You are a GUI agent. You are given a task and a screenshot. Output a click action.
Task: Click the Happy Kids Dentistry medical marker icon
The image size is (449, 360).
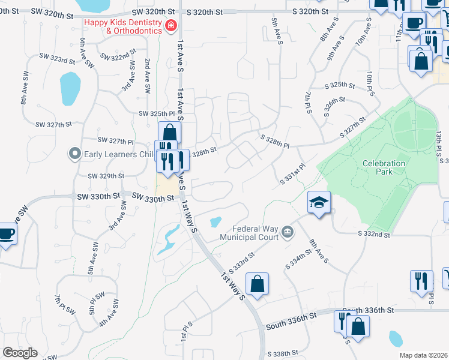[x=171, y=25]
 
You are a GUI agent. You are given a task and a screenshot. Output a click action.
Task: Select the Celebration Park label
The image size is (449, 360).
[x=384, y=167]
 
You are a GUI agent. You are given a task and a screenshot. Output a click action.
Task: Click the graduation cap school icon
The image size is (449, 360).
[x=319, y=202]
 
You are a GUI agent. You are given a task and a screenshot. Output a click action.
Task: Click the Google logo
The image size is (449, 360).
[x=20, y=353]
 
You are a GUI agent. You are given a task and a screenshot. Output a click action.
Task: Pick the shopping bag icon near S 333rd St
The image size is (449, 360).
[x=257, y=285]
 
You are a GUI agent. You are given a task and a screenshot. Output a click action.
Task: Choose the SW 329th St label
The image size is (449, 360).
[x=106, y=176]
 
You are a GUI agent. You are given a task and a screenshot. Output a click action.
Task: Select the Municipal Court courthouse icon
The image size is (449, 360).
[x=288, y=232]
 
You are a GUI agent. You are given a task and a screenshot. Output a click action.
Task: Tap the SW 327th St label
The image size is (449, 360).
[x=53, y=124]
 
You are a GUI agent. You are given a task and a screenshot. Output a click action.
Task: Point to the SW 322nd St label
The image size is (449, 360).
[x=114, y=57]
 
